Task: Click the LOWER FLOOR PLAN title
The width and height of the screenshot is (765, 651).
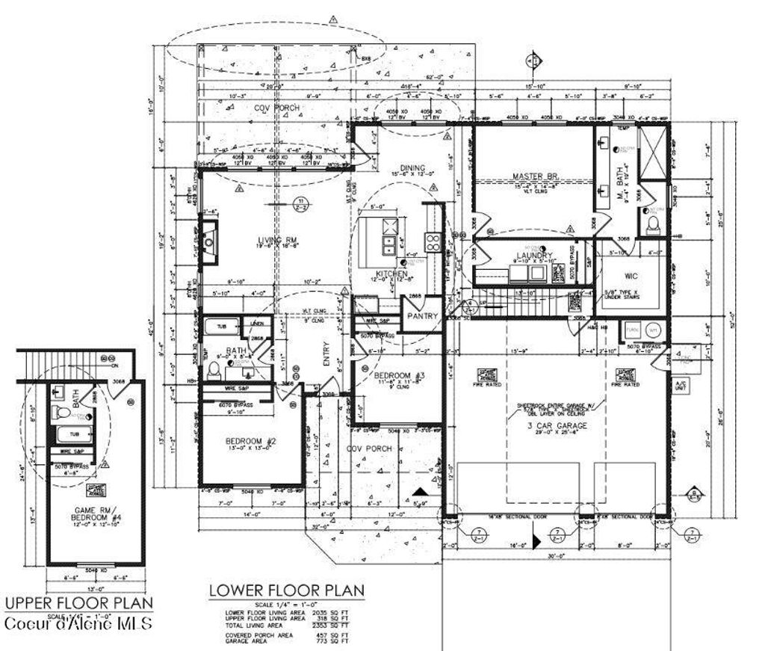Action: [286, 590]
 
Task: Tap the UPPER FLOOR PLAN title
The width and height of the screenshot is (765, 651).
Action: [78, 602]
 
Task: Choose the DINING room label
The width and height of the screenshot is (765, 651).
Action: [412, 168]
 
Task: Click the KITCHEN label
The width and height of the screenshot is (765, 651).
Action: [391, 274]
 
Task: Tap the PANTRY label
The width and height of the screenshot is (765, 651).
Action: [422, 316]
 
